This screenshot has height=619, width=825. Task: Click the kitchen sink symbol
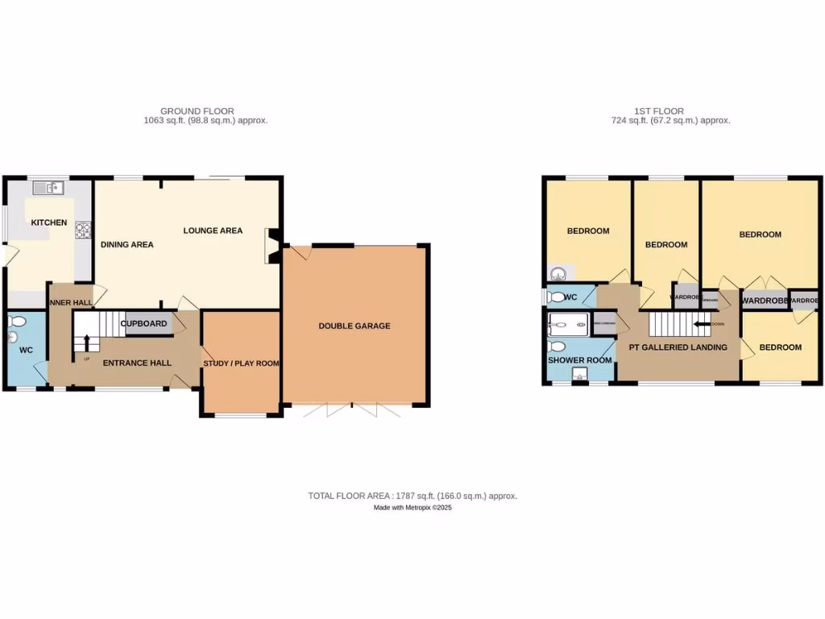coord(48,188)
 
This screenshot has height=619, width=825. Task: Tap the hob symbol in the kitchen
coord(83,230)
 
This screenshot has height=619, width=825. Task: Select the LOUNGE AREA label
coord(213,231)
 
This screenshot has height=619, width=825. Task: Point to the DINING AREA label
coord(126,244)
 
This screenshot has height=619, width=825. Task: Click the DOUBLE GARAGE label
coord(354,326)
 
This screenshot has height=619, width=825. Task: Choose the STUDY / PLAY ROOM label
coord(241,364)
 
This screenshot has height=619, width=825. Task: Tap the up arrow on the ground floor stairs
coord(86,342)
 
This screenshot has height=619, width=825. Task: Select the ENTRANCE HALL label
coord(137,363)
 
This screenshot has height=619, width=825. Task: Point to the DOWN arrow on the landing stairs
coord(701,324)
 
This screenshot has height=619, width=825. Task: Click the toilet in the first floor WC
coord(557,297)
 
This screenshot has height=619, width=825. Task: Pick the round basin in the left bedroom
coord(557,273)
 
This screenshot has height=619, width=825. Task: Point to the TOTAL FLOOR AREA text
coord(412,496)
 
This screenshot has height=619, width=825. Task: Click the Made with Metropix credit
coord(412,508)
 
